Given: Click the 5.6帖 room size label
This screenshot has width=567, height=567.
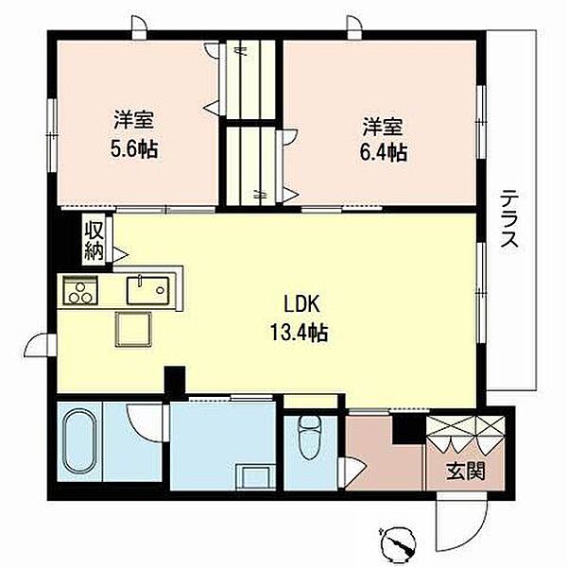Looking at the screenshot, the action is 134,149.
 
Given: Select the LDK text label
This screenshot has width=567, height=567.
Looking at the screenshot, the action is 302,304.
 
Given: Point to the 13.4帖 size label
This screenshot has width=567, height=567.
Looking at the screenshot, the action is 300,333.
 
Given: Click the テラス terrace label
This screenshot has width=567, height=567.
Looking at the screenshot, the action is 510,218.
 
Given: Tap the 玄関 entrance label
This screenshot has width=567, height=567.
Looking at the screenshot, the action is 466,471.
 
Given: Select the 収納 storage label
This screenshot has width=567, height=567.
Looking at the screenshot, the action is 94,240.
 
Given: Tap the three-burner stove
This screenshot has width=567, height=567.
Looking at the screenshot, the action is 80,290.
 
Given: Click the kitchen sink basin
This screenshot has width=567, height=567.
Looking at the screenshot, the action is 148,290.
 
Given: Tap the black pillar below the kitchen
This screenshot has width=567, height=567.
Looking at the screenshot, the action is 175,379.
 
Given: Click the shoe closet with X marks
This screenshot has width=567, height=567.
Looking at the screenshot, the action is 466,427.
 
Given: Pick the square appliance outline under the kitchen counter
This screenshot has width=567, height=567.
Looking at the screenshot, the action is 133,329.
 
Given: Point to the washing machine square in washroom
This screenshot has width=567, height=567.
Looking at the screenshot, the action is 253,477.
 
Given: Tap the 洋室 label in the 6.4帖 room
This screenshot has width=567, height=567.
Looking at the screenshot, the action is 383,127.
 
